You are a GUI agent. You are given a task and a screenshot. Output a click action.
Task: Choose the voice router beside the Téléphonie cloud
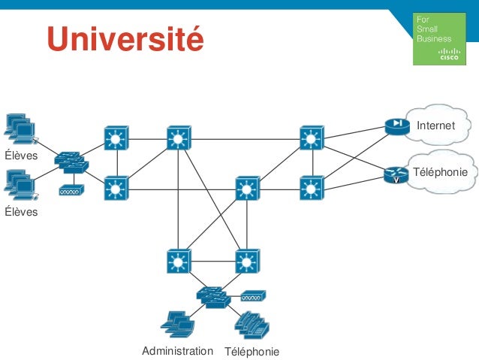(393, 175)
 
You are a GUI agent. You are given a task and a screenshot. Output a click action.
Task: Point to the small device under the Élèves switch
(72, 189)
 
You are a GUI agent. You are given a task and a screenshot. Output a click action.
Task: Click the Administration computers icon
(177, 324)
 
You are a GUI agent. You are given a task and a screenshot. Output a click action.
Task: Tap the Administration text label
(177, 351)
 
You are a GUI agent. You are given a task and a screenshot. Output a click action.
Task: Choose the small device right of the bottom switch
(253, 295)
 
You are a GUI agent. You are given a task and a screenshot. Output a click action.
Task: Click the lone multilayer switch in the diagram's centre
(247, 188)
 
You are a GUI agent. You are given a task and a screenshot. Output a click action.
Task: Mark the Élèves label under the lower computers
(21, 212)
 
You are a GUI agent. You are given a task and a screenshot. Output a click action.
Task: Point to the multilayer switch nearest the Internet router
(310, 138)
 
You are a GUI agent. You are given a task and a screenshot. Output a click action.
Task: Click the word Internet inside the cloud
(436, 126)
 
